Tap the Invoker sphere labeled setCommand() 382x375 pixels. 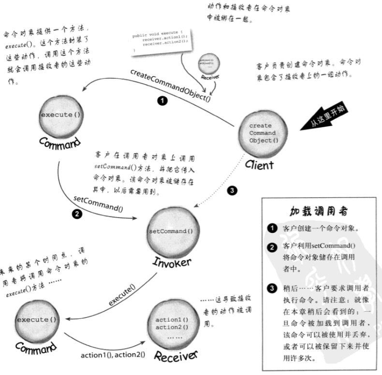point(170,231)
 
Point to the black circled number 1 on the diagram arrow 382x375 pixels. point(162,101)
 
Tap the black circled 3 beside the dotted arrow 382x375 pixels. point(233,191)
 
